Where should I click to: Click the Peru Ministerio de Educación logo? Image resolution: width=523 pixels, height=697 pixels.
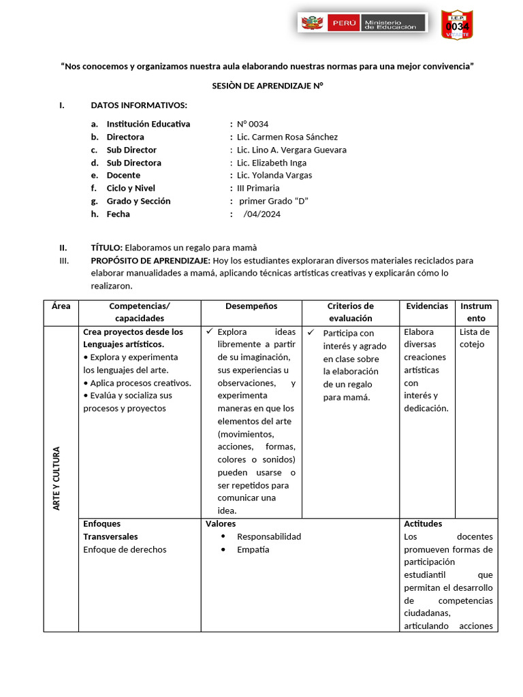click(362, 23)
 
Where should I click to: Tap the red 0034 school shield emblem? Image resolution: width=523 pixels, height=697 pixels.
click(457, 25)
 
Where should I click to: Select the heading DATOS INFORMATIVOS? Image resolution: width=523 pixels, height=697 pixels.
click(138, 105)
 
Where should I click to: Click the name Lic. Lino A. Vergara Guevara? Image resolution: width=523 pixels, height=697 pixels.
click(291, 150)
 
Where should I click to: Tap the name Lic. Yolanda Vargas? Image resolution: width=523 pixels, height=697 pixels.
click(274, 175)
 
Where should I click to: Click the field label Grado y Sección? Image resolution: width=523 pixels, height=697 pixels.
click(138, 201)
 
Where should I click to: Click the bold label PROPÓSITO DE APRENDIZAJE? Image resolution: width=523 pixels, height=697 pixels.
click(150, 261)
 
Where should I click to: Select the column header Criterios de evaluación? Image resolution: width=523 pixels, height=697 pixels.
click(350, 312)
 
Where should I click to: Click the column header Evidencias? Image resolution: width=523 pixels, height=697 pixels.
click(427, 306)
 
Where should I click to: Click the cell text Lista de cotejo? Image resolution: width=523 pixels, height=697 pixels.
click(475, 338)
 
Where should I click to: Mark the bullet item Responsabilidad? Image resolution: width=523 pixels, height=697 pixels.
click(268, 536)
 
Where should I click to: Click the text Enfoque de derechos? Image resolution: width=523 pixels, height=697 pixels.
click(125, 549)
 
